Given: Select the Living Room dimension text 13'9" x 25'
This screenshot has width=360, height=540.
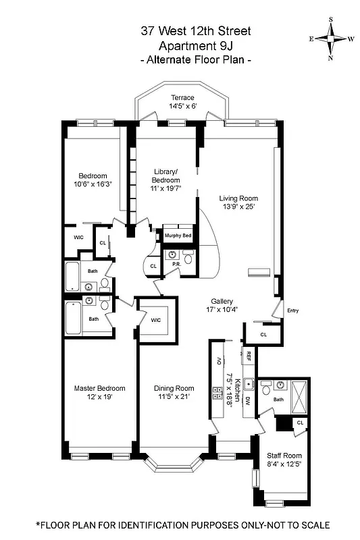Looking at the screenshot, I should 238,207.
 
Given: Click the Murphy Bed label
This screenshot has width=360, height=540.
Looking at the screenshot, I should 178,235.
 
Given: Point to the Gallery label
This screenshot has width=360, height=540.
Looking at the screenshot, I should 222,301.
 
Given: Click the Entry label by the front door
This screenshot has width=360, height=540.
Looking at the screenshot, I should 292,310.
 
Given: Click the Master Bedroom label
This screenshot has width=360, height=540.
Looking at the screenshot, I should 99,388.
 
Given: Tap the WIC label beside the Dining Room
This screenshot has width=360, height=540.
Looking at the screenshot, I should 156,320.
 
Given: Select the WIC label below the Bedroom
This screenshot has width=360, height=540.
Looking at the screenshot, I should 78,238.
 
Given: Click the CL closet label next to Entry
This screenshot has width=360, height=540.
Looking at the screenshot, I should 263,334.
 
